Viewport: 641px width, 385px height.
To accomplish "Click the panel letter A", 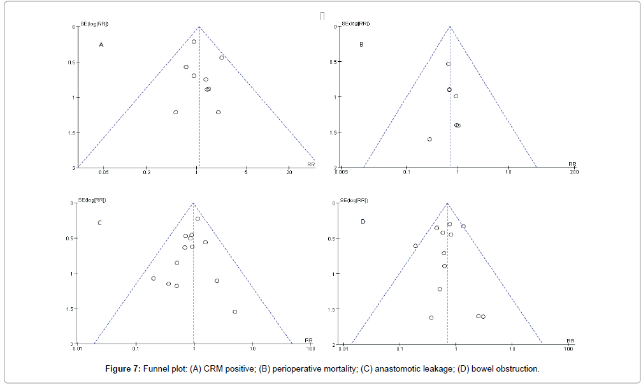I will pyautogui.click(x=101, y=45).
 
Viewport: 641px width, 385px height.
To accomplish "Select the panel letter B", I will pyautogui.click(x=361, y=45).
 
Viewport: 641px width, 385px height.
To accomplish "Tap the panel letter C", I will pyautogui.click(x=99, y=223).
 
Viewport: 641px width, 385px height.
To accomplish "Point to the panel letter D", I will pyautogui.click(x=363, y=222).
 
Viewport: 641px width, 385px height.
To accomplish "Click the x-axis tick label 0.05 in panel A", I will pyautogui.click(x=104, y=172).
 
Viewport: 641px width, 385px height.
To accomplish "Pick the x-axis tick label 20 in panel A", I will pyautogui.click(x=289, y=172).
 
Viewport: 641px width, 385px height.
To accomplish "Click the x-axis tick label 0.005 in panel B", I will pyautogui.click(x=342, y=172).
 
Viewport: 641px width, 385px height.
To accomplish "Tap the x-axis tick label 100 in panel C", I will pyautogui.click(x=310, y=349).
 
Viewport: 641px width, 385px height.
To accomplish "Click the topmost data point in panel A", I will pyautogui.click(x=194, y=41).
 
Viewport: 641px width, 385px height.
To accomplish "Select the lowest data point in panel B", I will pyautogui.click(x=429, y=139).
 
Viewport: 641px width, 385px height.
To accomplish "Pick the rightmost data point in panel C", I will pyautogui.click(x=235, y=312).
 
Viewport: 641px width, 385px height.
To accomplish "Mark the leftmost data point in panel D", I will pyautogui.click(x=415, y=245).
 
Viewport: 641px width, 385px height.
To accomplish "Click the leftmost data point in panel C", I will pyautogui.click(x=153, y=279).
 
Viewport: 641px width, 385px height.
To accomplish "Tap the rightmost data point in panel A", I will pyautogui.click(x=222, y=57).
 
